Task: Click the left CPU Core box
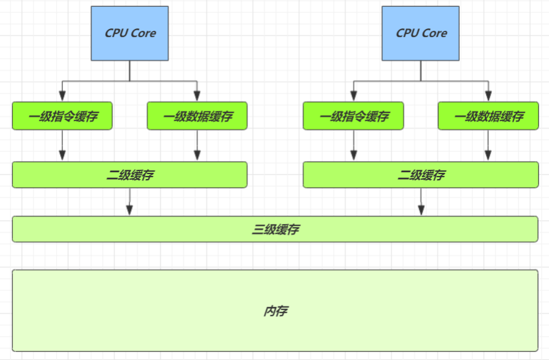pyautogui.click(x=129, y=33)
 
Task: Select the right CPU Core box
pyautogui.click(x=420, y=33)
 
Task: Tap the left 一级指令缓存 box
pyautogui.click(x=62, y=116)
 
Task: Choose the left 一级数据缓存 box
pyautogui.click(x=197, y=116)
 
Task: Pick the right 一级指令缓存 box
pyautogui.click(x=353, y=116)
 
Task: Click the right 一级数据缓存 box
pyautogui.click(x=488, y=116)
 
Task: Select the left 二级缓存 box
pyautogui.click(x=129, y=175)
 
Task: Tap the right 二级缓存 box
pyautogui.click(x=420, y=175)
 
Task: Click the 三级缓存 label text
pyautogui.click(x=276, y=230)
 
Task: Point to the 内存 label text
pyautogui.click(x=276, y=311)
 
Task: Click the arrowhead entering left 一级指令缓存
pyautogui.click(x=62, y=96)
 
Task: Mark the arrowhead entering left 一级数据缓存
pyautogui.click(x=197, y=96)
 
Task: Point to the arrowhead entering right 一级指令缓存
pyautogui.click(x=354, y=96)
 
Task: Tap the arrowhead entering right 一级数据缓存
pyautogui.click(x=489, y=96)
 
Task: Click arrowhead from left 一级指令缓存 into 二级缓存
pyautogui.click(x=62, y=156)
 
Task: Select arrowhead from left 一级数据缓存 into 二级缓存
pyautogui.click(x=197, y=156)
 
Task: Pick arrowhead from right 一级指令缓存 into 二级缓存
pyautogui.click(x=354, y=156)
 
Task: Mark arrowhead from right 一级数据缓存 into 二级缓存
pyautogui.click(x=488, y=156)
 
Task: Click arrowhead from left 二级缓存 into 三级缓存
pyautogui.click(x=129, y=210)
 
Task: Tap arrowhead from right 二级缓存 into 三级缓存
pyautogui.click(x=421, y=210)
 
